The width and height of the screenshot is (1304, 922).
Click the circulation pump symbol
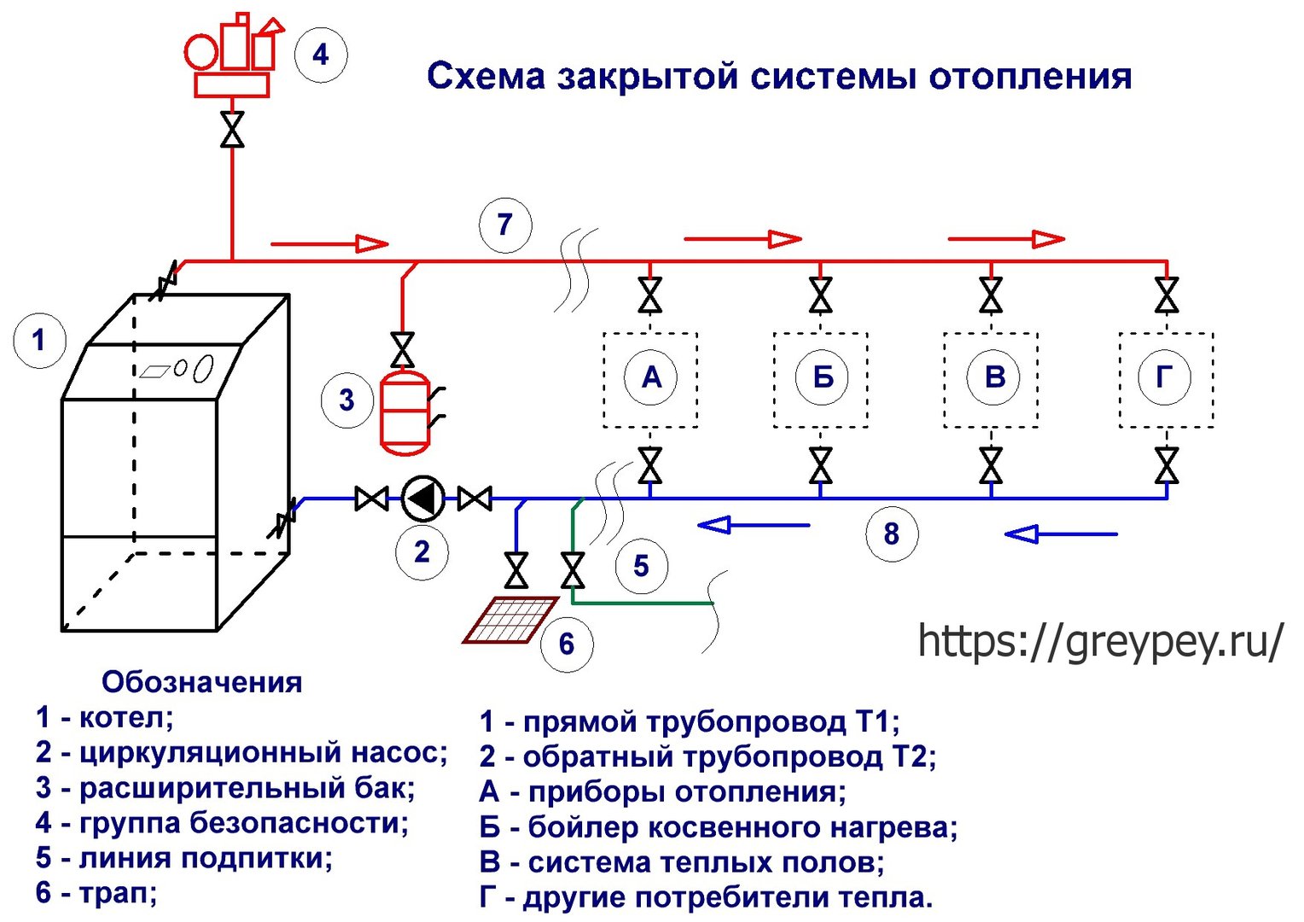point(422,499)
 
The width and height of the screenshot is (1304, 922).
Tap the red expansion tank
point(405,411)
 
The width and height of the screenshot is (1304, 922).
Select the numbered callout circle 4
point(321,55)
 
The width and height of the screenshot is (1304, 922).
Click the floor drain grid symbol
point(511,620)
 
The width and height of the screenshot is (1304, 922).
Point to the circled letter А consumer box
point(651,378)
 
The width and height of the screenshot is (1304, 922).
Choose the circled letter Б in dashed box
point(822,378)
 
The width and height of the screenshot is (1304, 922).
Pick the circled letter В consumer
point(993,378)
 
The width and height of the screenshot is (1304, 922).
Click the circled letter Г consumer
point(1164,378)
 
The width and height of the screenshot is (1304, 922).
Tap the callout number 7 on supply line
point(505,225)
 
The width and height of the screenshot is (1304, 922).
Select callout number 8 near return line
point(892,534)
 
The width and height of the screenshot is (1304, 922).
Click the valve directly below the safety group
point(232,129)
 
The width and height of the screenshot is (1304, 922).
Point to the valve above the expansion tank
point(402,350)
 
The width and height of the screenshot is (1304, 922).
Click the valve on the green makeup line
point(573,571)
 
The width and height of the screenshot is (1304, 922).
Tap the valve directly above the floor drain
point(516,571)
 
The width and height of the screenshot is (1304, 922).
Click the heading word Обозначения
point(202,683)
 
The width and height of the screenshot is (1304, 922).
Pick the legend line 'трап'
point(96,893)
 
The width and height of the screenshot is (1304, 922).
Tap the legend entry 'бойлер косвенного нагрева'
point(719,827)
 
